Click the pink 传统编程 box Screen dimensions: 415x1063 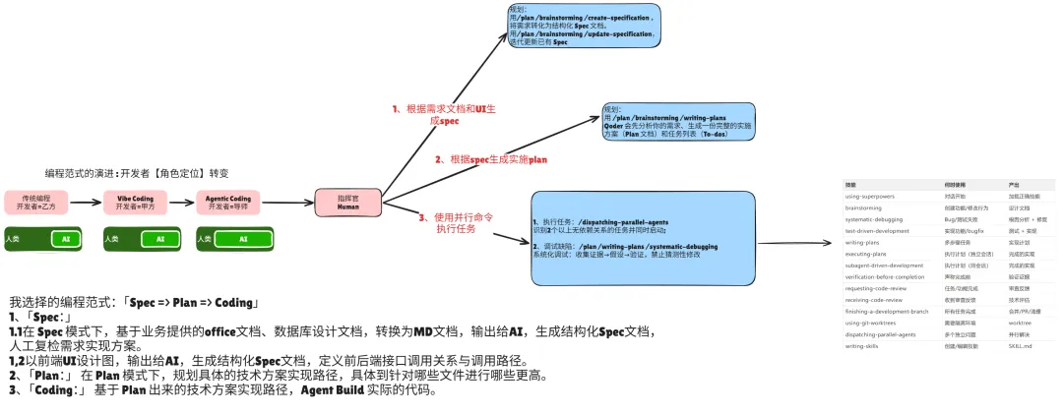point(35,203)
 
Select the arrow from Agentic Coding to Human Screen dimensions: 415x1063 point(287,203)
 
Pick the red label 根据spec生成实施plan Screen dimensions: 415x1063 point(490,158)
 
